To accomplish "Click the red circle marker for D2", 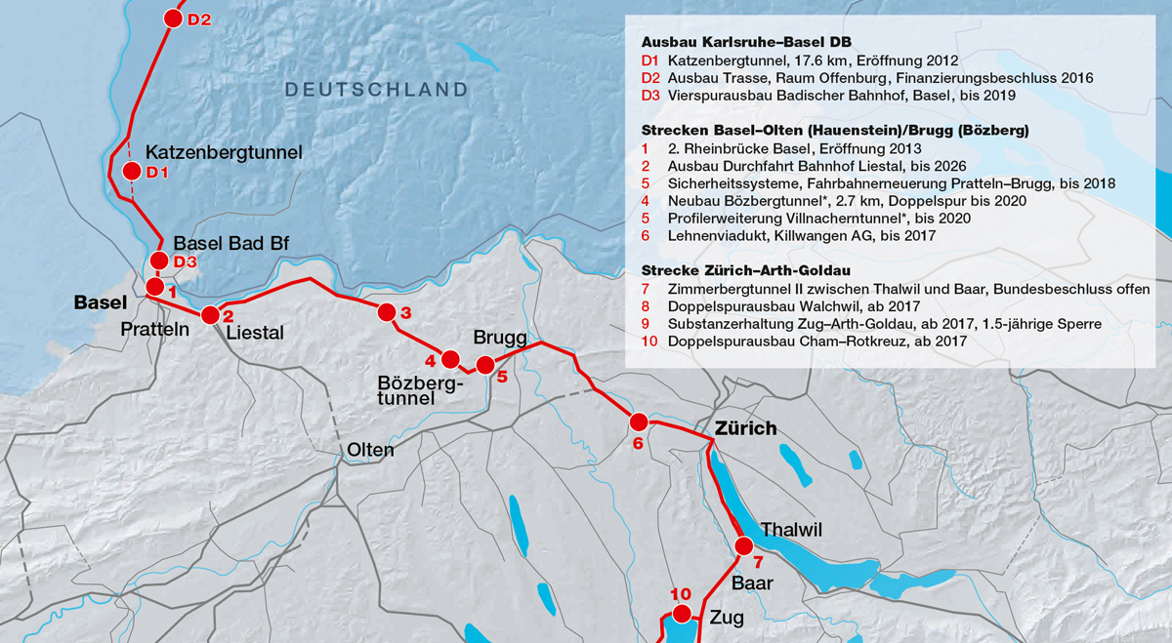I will coord(173,19).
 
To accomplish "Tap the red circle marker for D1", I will coord(131,172).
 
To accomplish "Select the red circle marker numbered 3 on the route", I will coord(386,312).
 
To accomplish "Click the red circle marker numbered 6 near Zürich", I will coord(639,422).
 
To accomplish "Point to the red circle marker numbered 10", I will coord(681,613).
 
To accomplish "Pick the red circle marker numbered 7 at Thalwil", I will coord(744,545).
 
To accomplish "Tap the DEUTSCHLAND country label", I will coord(376,90).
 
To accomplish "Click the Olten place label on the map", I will coord(370,450).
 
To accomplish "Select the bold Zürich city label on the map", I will coord(745,428).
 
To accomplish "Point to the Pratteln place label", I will coord(154,330).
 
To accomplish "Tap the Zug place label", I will coord(727,618).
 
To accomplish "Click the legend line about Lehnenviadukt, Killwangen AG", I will coord(802,236).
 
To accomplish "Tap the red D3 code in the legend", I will coord(651,96).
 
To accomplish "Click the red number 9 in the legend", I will coord(646,324).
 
